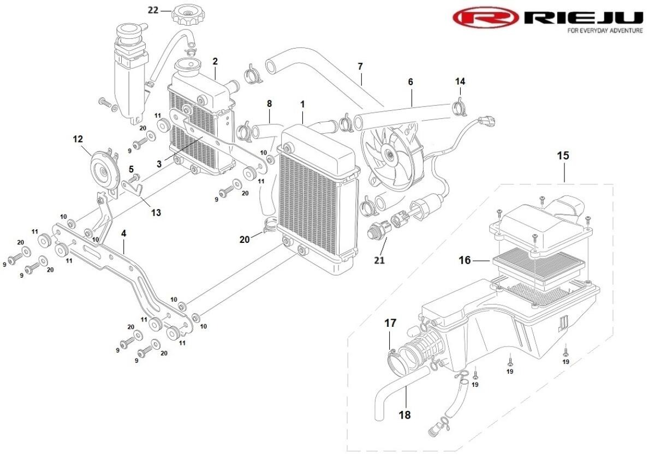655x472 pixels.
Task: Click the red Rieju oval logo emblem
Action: [485, 18]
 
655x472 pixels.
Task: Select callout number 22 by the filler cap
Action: [153, 10]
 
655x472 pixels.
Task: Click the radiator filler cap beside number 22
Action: [187, 13]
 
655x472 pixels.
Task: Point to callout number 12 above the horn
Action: [78, 139]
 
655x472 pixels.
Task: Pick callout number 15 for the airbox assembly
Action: [563, 156]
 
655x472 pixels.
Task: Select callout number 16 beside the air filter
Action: [464, 261]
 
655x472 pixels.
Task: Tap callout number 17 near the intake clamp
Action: [390, 324]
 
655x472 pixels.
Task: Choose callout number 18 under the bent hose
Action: [404, 415]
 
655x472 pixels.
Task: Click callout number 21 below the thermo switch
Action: [379, 260]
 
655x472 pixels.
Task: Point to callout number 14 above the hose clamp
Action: [460, 81]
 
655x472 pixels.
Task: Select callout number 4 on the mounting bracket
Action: [124, 233]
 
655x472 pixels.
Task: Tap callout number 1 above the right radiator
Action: [302, 103]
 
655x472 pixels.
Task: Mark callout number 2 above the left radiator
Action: [215, 61]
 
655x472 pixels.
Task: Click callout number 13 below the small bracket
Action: [156, 212]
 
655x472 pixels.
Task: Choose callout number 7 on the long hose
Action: [360, 67]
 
